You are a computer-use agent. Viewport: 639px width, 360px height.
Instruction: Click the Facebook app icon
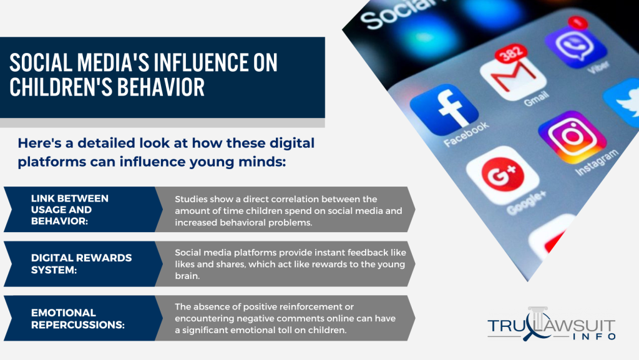coord(444,109)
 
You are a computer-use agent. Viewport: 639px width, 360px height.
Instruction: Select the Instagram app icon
coord(572,137)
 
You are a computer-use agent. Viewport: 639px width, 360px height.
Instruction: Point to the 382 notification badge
coord(510,52)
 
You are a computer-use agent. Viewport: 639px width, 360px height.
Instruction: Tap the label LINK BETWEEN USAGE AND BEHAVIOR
coord(70,210)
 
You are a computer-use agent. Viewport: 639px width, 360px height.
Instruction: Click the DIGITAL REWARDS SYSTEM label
coord(82,264)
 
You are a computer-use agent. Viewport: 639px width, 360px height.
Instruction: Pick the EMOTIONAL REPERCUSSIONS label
coord(78,319)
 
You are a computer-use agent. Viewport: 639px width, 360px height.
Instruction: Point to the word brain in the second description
coord(187,276)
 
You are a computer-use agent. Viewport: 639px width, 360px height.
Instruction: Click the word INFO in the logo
coord(594,337)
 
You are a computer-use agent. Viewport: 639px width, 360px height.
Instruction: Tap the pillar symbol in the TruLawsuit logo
coord(538,318)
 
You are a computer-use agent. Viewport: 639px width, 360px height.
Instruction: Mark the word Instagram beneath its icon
coord(597,163)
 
